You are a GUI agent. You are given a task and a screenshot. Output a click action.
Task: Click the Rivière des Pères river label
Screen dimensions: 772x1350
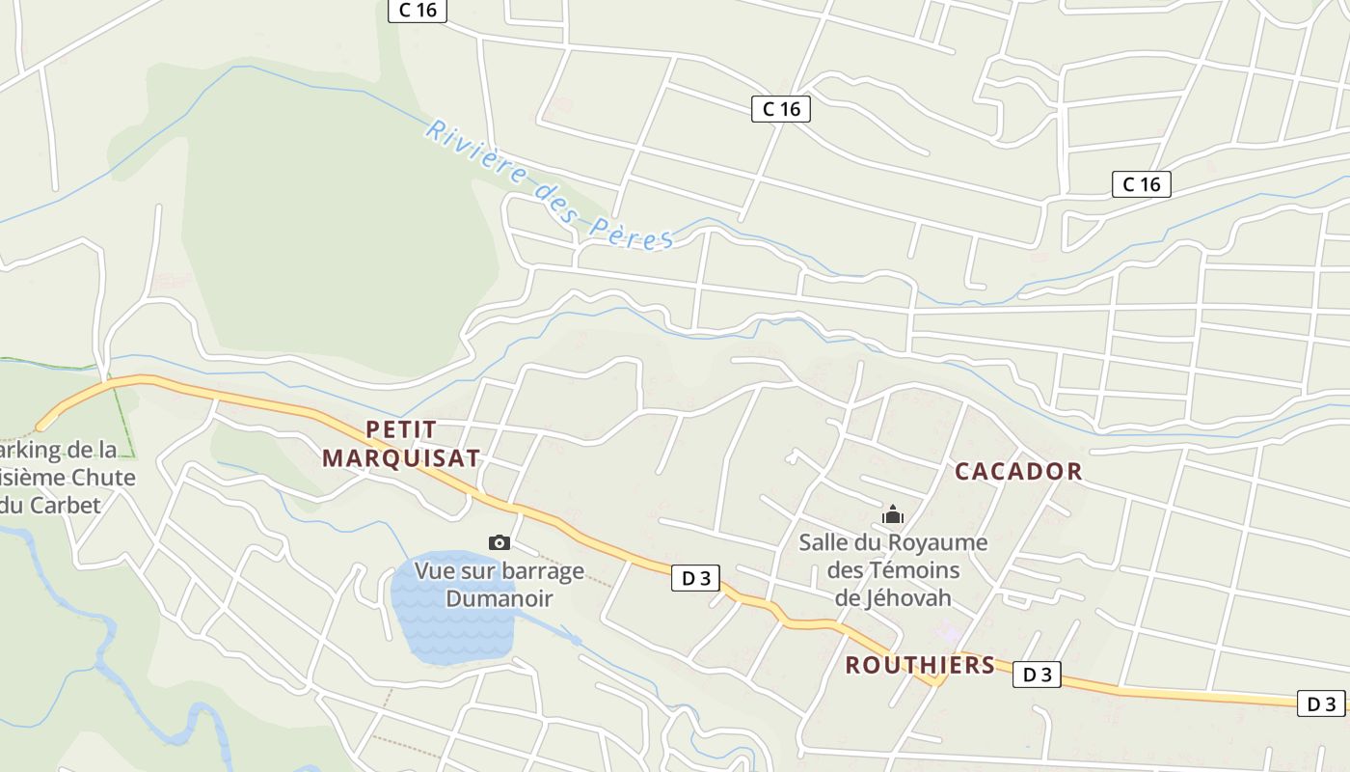pos(548,185)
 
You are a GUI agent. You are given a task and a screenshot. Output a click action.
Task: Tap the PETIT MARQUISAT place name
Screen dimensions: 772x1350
pos(401,444)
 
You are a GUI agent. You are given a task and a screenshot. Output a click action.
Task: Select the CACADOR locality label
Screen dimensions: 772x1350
pos(1018,472)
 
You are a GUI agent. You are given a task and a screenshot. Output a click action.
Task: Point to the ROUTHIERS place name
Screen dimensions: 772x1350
pos(920,665)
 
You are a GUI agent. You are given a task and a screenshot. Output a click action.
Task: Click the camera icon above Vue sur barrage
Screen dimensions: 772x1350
pos(499,542)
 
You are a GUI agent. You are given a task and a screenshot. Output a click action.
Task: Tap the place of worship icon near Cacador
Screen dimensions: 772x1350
pos(893,514)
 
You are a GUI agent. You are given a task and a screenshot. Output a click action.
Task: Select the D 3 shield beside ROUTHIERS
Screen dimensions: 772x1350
pos(1037,675)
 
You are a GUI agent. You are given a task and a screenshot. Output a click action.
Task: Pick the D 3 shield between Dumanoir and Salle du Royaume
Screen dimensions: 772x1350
pos(695,579)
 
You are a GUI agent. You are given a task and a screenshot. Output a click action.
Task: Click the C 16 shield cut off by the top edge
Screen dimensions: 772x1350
pos(418,11)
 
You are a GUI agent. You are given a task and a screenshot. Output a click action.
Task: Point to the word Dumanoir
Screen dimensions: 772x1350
pos(499,598)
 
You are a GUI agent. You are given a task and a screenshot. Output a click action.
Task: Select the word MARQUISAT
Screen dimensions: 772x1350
pos(401,457)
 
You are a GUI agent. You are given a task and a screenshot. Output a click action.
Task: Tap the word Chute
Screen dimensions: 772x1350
pos(100,478)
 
